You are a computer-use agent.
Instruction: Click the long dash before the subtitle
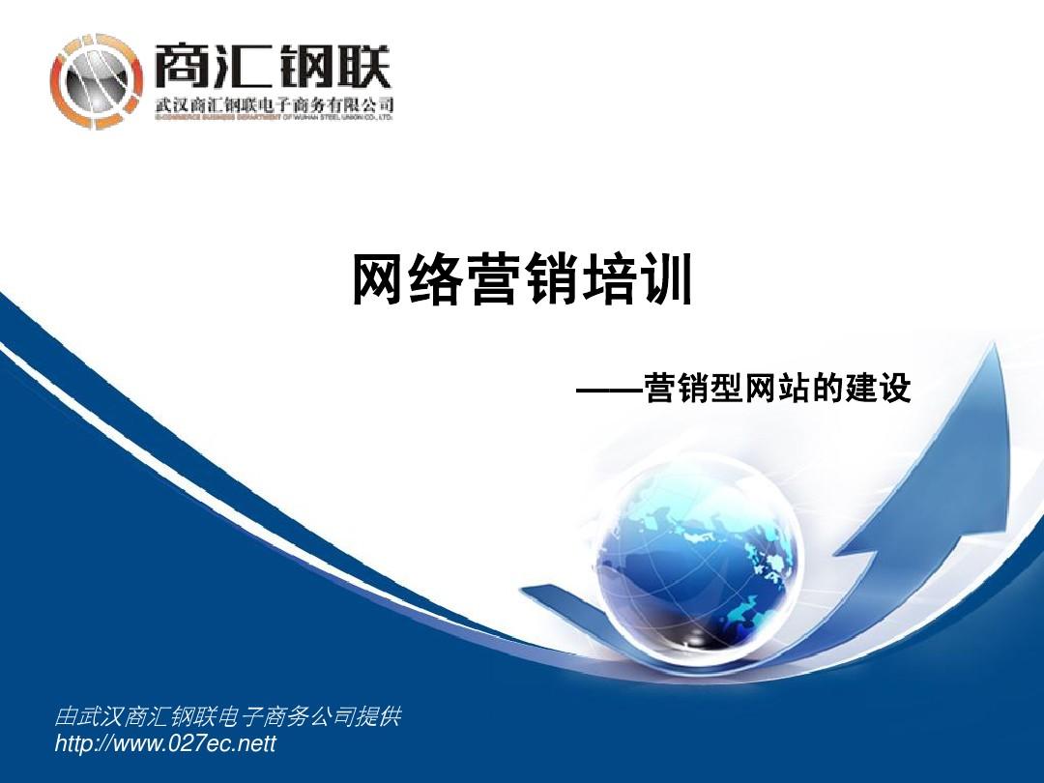[609, 391]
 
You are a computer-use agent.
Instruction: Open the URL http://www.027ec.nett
[166, 743]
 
